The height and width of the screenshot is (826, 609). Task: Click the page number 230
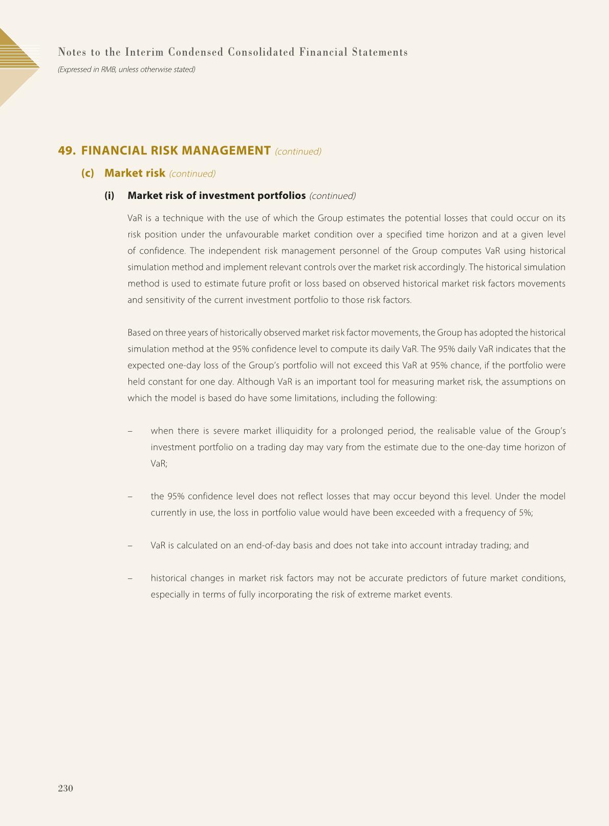pos(66,788)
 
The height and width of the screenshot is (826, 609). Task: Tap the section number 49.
pos(67,150)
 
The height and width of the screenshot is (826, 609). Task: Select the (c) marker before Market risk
pos(88,173)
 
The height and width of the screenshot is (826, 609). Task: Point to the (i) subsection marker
pos(110,195)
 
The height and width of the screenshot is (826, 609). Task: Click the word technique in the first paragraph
pos(183,218)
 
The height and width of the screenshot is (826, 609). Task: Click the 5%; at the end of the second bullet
pos(526,513)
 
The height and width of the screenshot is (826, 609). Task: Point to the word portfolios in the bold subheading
pos(278,195)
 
